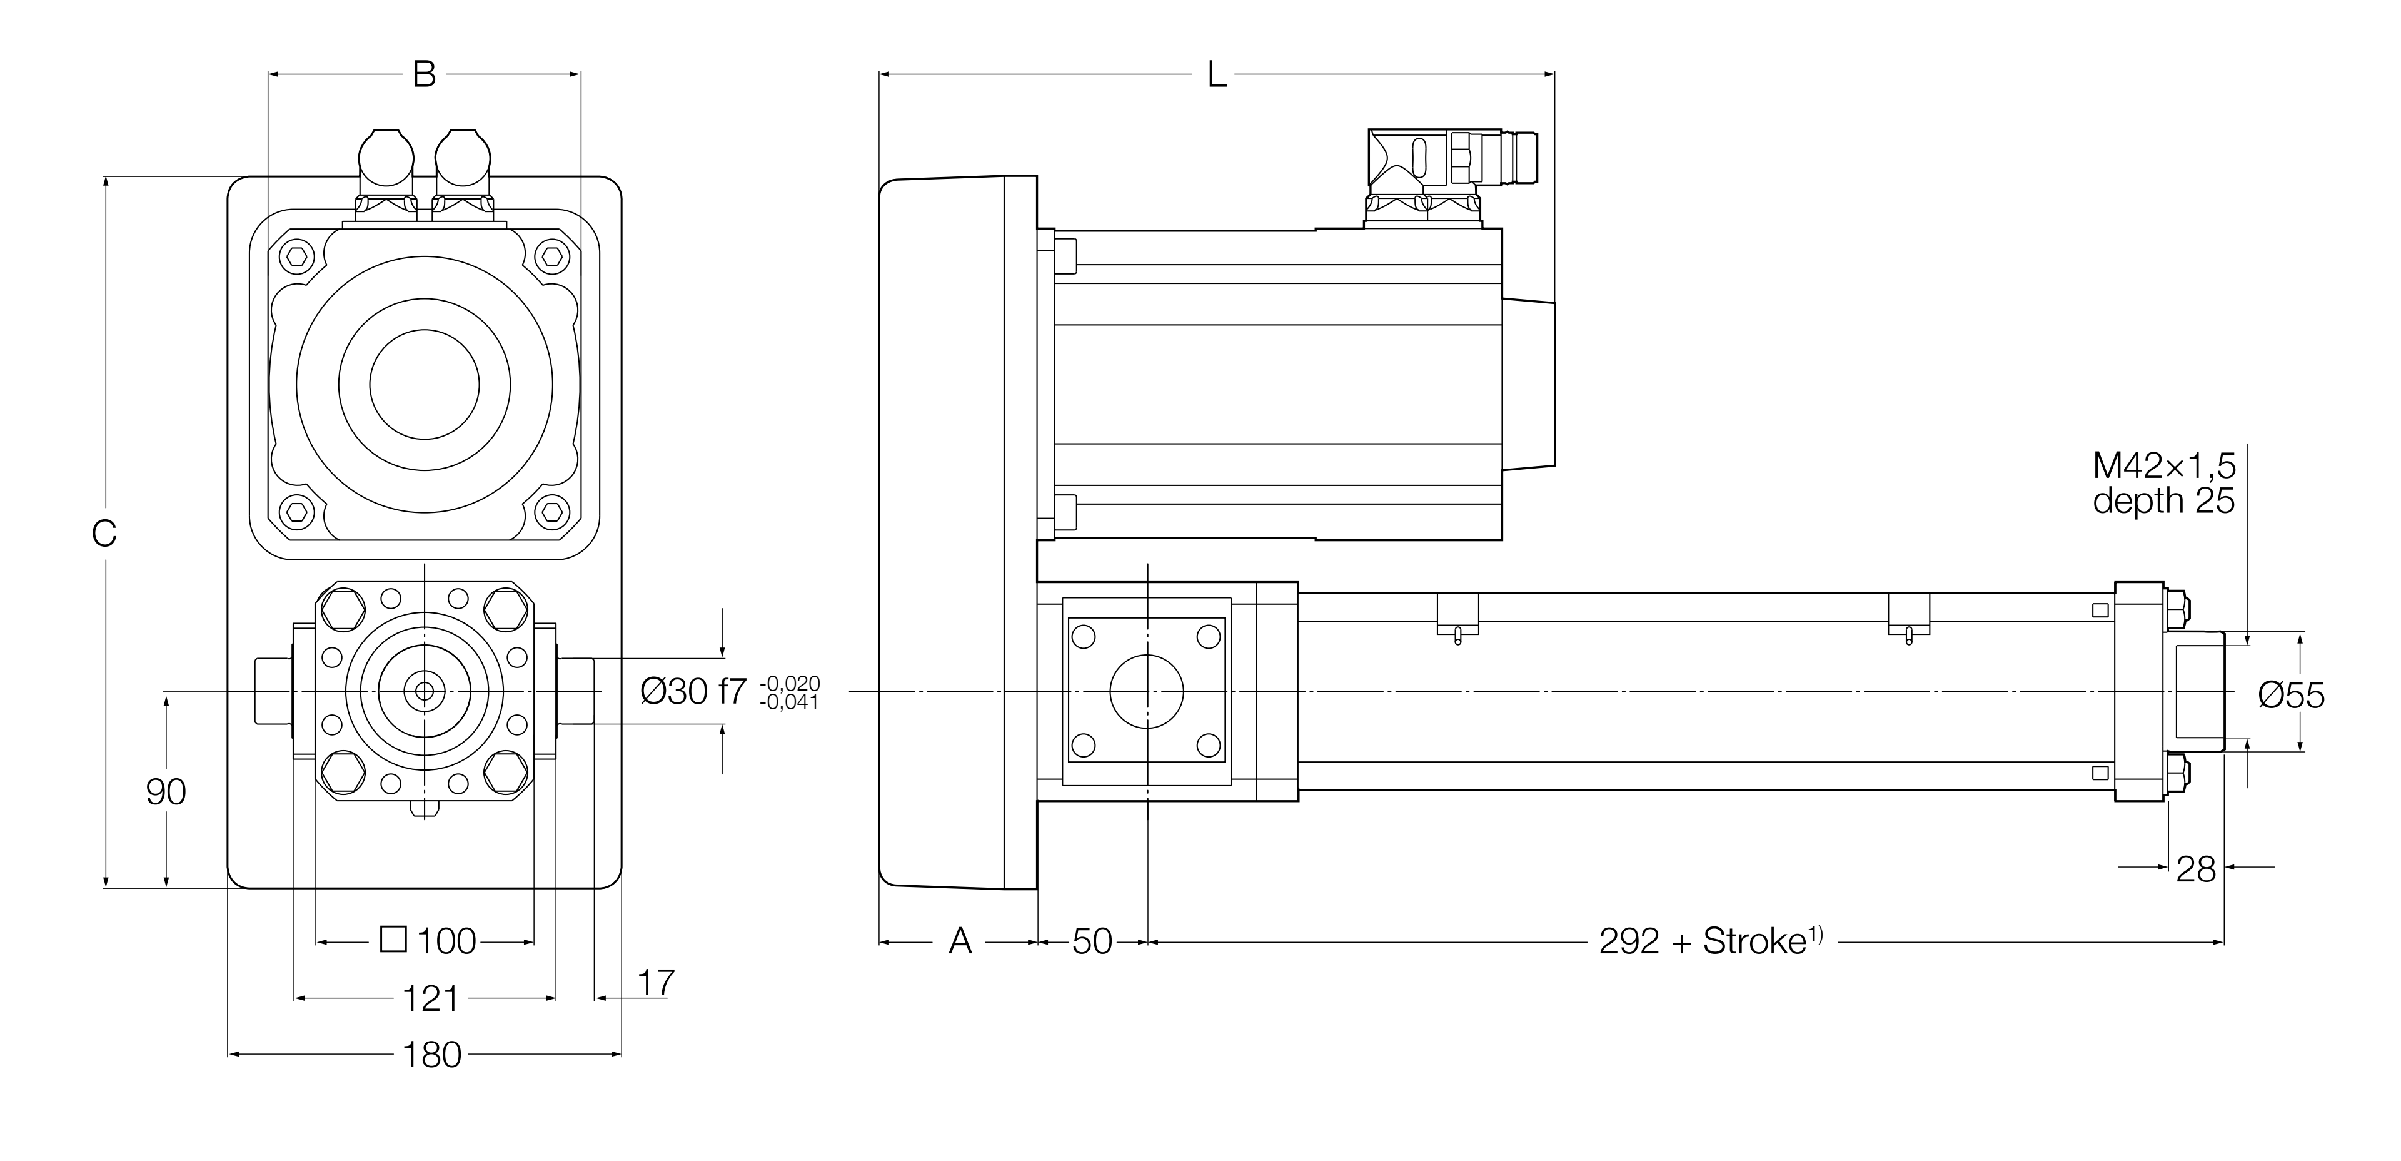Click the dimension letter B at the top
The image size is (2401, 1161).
coord(424,74)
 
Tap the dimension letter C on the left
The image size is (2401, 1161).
coord(104,534)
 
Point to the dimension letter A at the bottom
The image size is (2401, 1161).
coord(960,942)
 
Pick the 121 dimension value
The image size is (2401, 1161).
coord(431,999)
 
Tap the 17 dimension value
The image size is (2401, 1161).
coord(656,982)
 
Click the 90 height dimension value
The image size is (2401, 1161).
coord(166,792)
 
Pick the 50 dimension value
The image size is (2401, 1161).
coord(1092,942)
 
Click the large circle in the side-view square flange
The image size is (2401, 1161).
coord(1147,691)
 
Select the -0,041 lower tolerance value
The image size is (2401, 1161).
coord(790,703)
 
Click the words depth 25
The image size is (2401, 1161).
coord(2163,501)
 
